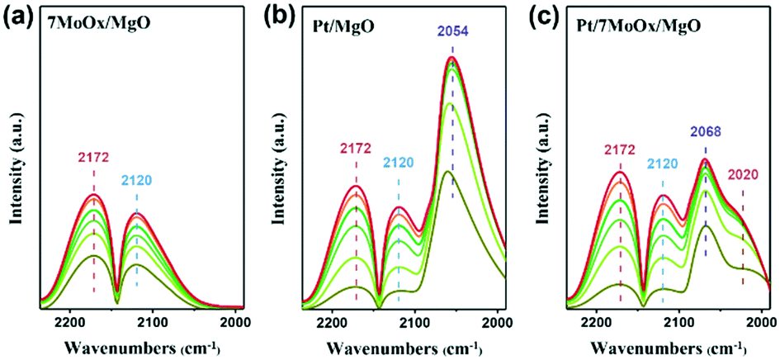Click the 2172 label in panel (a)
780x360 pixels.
93,156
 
